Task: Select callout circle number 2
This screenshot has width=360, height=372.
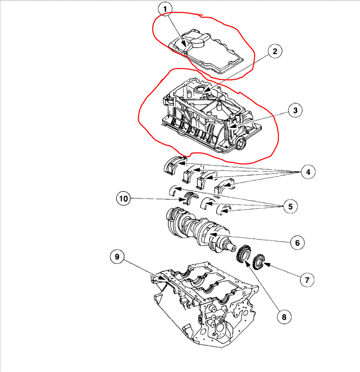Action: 275,52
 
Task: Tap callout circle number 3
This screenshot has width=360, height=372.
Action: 295,110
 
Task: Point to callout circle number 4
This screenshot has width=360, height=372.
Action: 308,172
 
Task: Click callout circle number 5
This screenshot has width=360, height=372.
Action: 290,206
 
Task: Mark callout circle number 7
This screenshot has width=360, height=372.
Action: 307,280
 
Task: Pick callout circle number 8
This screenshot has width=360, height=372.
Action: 284,317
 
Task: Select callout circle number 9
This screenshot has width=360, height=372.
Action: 117,257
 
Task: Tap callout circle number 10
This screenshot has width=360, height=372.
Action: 124,199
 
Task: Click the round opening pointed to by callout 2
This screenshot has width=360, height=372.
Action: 201,89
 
